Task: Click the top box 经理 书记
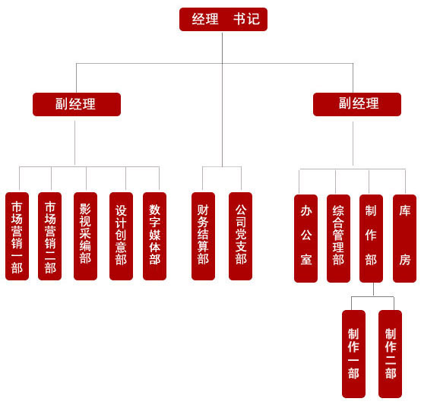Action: pyautogui.click(x=223, y=19)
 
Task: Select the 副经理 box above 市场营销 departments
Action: pyautogui.click(x=77, y=104)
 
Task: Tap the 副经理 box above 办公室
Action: pyautogui.click(x=357, y=104)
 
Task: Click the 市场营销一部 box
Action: pyautogui.click(x=17, y=236)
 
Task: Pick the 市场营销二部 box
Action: pyautogui.click(x=49, y=236)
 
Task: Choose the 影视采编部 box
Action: pyautogui.click(x=85, y=236)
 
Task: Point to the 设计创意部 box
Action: pyautogui.click(x=121, y=236)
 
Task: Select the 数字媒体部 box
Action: pyautogui.click(x=155, y=236)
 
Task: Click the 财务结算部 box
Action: pyautogui.click(x=203, y=236)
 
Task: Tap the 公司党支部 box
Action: pyautogui.click(x=240, y=236)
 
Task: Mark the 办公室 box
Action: pyautogui.click(x=305, y=239)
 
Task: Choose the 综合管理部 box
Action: pyautogui.click(x=338, y=239)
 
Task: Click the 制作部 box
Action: pyautogui.click(x=371, y=239)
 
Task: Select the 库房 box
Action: pyautogui.click(x=404, y=239)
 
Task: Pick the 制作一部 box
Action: pyautogui.click(x=353, y=354)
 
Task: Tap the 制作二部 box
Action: pyautogui.click(x=390, y=354)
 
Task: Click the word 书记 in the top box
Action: pyautogui.click(x=246, y=19)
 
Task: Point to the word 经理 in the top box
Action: pyautogui.click(x=205, y=19)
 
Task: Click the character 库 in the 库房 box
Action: pyautogui.click(x=404, y=210)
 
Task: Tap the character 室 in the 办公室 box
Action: pyautogui.click(x=306, y=260)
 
